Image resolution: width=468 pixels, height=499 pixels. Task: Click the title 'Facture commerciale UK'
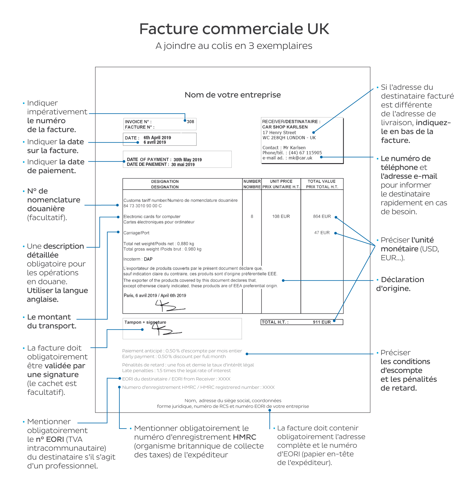(234, 29)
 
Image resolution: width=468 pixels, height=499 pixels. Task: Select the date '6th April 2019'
(157, 138)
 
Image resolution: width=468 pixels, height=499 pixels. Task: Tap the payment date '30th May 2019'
(188, 160)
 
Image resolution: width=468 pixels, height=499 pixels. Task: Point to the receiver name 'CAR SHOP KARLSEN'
(285, 127)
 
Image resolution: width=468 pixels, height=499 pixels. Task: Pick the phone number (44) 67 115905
(305, 153)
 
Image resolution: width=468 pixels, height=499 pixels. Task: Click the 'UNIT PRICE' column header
(281, 181)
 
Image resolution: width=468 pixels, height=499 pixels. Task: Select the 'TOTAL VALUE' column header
(322, 181)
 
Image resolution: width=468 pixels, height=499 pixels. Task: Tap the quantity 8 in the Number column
(252, 216)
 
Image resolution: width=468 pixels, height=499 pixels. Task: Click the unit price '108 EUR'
(281, 216)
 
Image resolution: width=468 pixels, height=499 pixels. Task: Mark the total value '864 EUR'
(322, 216)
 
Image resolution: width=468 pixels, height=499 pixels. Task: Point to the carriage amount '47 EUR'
(322, 233)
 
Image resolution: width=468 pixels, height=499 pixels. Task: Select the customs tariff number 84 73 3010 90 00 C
(142, 206)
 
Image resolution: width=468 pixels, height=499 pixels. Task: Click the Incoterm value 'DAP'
(148, 259)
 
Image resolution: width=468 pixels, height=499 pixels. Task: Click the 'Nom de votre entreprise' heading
(233, 95)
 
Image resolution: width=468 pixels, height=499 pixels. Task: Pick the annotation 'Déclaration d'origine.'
(400, 284)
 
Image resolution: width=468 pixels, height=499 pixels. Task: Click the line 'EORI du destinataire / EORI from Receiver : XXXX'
(176, 379)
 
